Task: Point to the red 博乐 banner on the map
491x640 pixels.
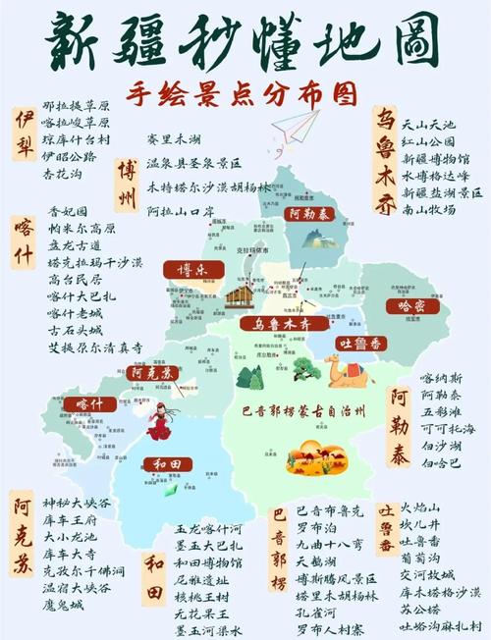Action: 184,271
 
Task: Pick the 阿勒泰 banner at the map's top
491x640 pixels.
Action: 308,213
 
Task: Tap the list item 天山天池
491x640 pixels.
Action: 429,126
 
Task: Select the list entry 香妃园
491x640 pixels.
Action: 68,211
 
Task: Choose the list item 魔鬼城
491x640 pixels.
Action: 63,606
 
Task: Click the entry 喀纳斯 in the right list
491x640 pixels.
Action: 439,378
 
